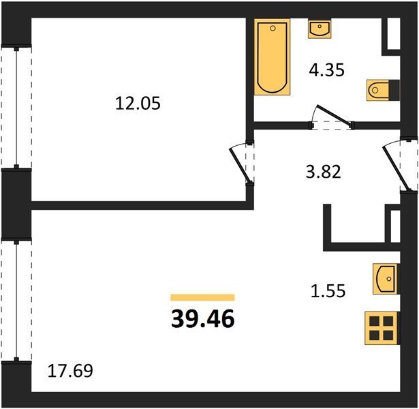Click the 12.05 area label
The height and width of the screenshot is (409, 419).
coord(138,104)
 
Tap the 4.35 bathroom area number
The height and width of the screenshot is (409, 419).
coord(326,70)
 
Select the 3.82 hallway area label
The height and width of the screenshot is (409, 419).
coord(324,172)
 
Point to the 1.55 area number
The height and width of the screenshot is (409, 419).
coord(328,290)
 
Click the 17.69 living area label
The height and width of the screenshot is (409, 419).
coord(70,371)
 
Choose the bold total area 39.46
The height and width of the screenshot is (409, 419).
coord(203,319)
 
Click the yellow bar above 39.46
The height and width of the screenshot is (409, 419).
coord(202,297)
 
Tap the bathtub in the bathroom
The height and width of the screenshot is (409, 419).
coord(273,57)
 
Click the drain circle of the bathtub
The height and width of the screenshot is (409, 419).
coord(273,28)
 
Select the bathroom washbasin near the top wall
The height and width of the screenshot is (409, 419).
coord(320,29)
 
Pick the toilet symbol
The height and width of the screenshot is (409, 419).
coord(383,90)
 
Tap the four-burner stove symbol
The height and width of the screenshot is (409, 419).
coord(382,328)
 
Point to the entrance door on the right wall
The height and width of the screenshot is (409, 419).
coord(395,168)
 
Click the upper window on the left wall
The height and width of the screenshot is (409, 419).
coord(16,108)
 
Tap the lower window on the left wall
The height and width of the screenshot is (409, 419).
coord(16,300)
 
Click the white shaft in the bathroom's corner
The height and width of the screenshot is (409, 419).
coord(394,33)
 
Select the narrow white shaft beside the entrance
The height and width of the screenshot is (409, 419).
coord(395,226)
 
